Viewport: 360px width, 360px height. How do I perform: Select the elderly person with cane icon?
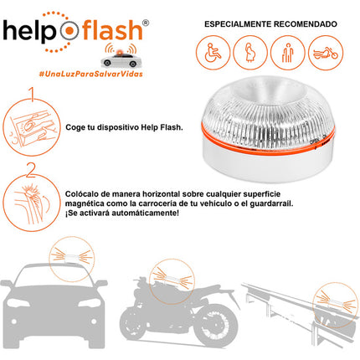(x=289, y=53)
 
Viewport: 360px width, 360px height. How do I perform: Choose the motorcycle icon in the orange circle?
(x=326, y=53)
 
